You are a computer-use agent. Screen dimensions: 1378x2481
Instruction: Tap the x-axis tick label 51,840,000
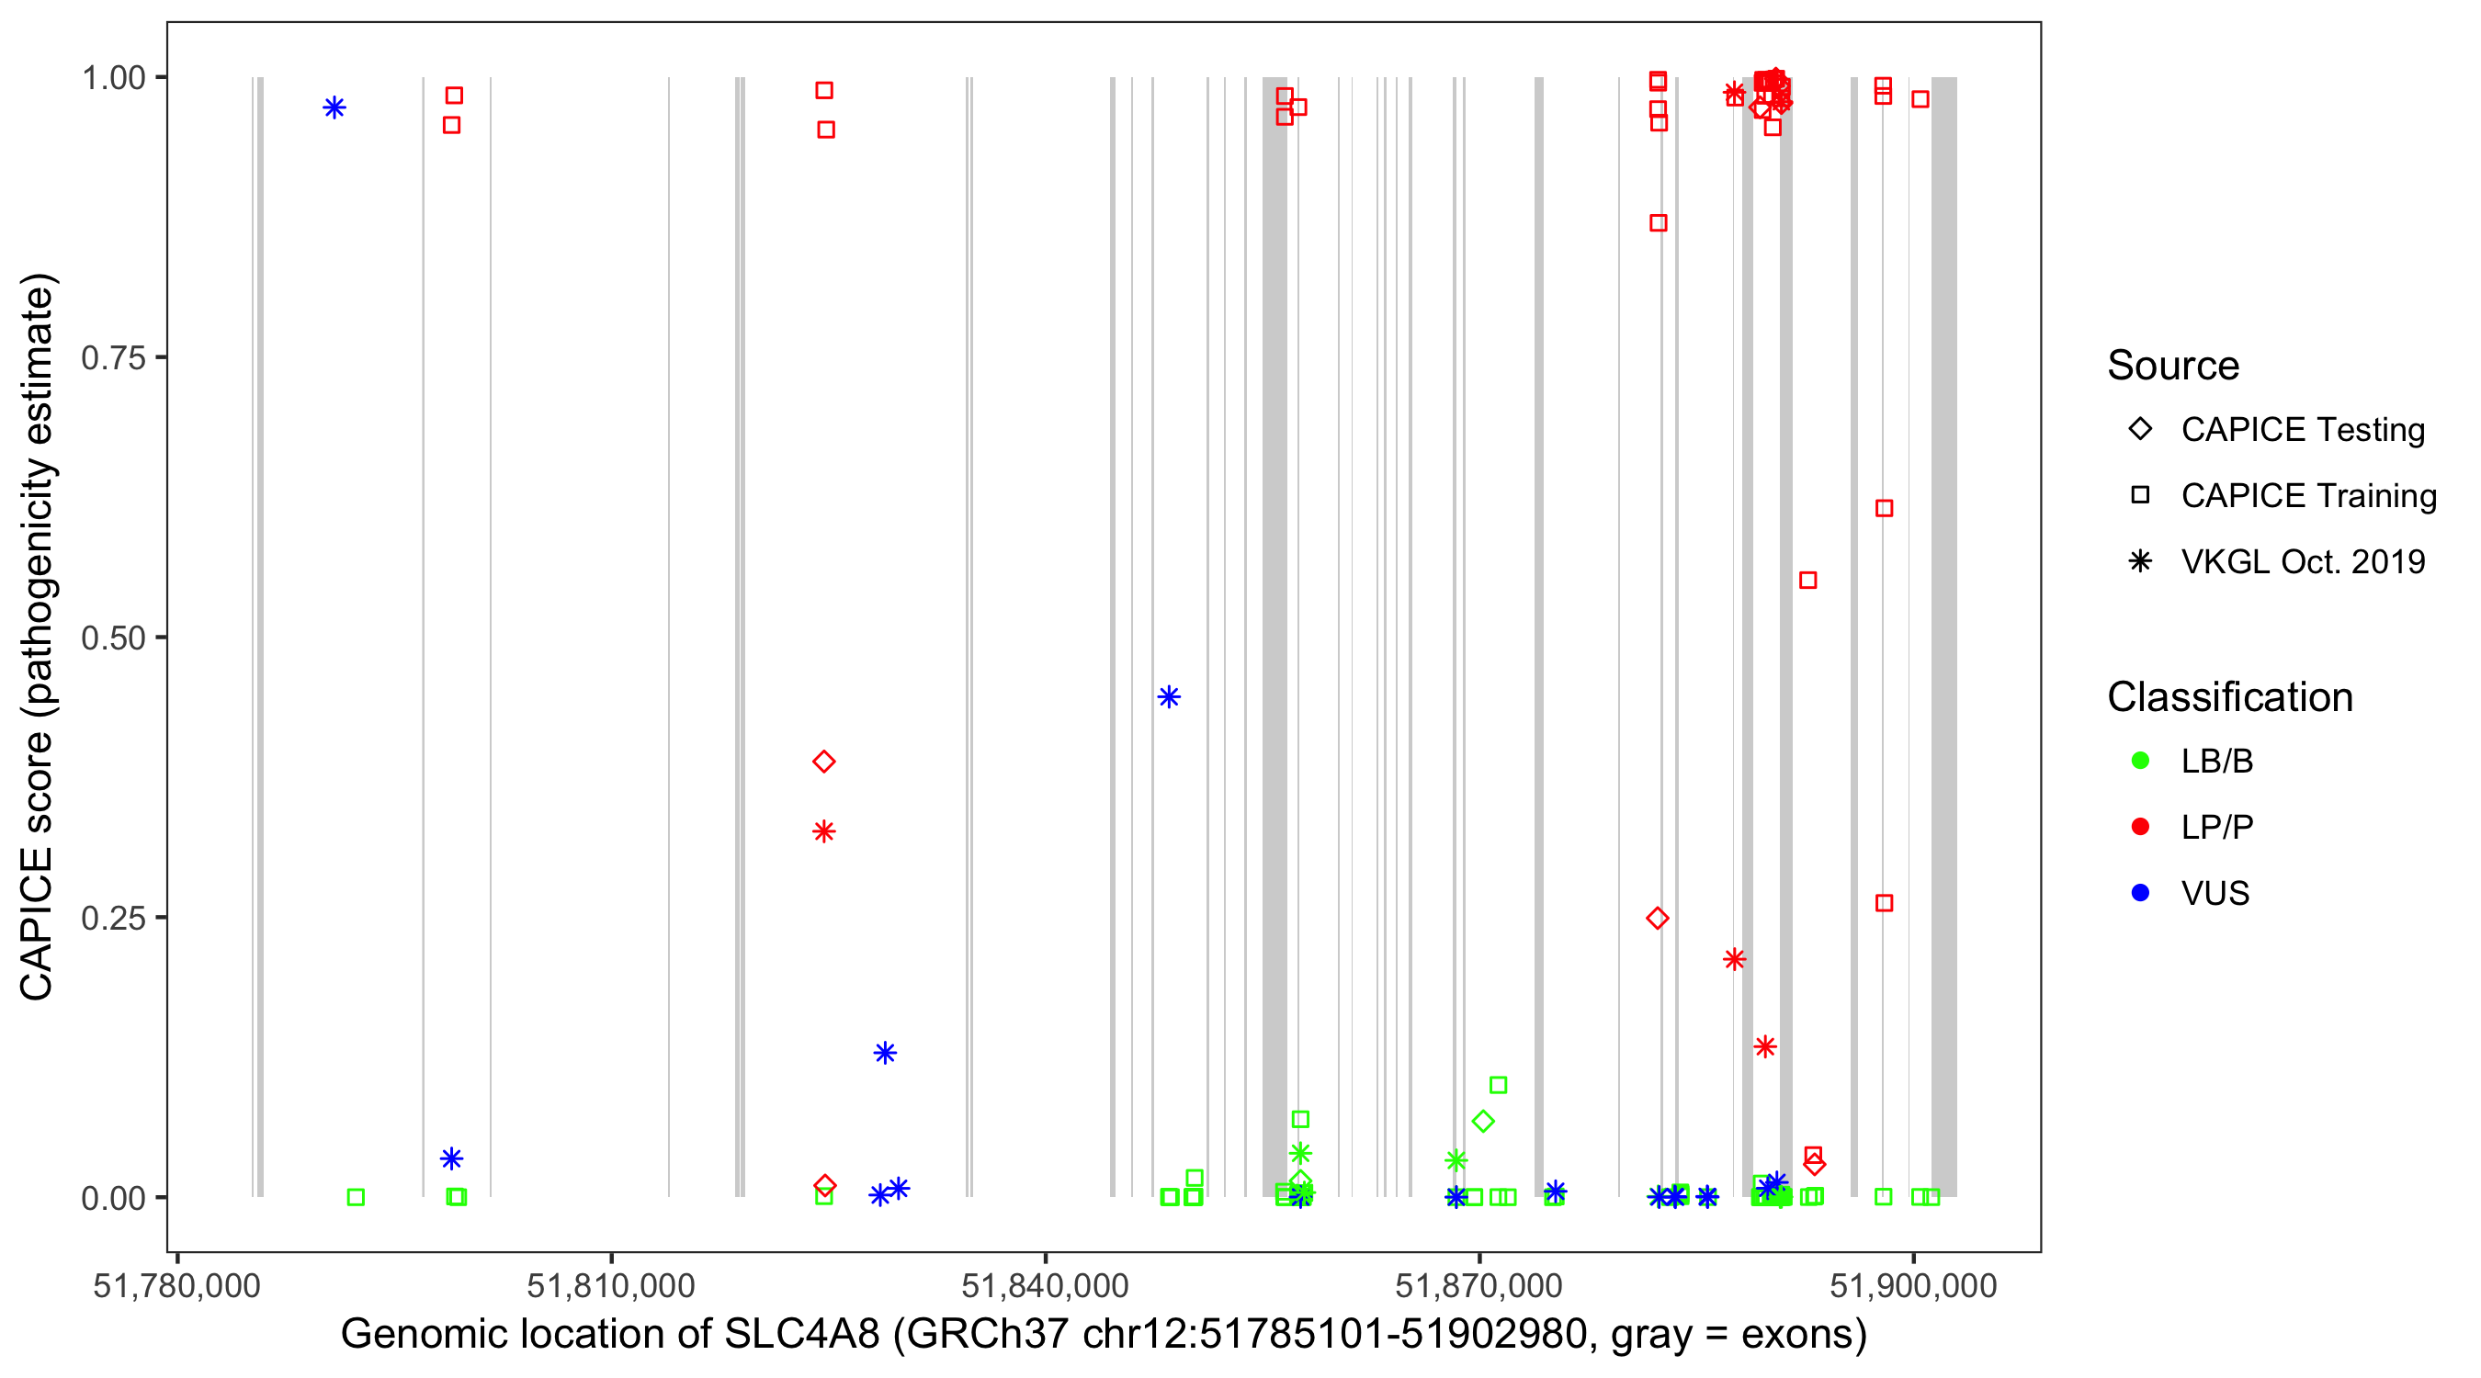click(1045, 1285)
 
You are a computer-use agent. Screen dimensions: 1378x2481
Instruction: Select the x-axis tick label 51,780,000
click(176, 1285)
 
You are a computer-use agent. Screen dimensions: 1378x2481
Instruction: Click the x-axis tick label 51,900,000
click(1913, 1285)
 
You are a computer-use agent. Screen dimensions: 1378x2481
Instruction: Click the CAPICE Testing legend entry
click(2302, 430)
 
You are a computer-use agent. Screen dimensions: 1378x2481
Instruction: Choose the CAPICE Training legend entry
click(2307, 496)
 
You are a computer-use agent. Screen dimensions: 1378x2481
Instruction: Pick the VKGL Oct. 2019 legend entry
click(2302, 561)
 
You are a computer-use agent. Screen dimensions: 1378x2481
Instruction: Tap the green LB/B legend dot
click(2140, 761)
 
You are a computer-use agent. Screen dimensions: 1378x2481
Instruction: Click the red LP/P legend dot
click(2140, 827)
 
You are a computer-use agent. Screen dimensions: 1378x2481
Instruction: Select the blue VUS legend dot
click(2140, 893)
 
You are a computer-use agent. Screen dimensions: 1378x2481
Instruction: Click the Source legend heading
click(2173, 366)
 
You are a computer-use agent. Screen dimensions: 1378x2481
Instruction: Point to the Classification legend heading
click(2229, 697)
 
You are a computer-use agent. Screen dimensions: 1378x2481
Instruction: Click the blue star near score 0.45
click(1168, 697)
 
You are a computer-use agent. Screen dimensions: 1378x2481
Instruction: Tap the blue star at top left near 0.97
click(334, 107)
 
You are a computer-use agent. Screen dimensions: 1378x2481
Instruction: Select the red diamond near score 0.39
click(823, 762)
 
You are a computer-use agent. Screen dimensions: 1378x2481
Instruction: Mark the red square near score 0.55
click(1807, 581)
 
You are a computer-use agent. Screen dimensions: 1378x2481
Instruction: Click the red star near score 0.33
click(823, 832)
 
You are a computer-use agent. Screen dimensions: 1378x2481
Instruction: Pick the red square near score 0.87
click(1658, 223)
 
